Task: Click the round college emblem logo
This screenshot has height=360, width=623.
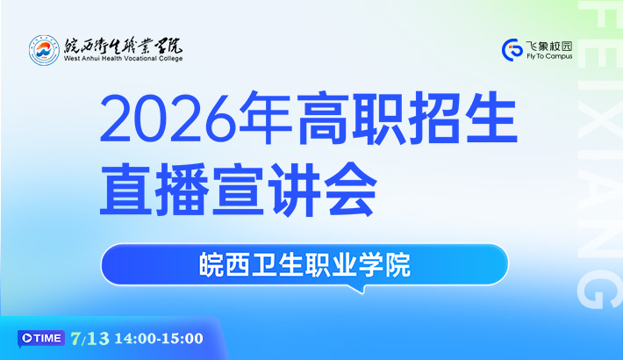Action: click(x=44, y=50)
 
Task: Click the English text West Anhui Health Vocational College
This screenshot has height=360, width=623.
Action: click(x=123, y=59)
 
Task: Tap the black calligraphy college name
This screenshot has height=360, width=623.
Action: click(x=123, y=46)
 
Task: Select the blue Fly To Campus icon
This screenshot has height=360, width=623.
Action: click(x=512, y=50)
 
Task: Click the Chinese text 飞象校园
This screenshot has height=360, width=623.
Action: click(x=549, y=47)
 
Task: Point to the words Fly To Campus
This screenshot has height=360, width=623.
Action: click(x=549, y=56)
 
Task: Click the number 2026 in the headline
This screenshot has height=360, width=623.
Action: click(x=168, y=119)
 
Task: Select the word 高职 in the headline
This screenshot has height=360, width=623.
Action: click(x=351, y=118)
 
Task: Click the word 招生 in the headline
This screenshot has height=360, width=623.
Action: click(x=463, y=118)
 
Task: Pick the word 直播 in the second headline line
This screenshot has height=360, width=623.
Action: click(x=154, y=190)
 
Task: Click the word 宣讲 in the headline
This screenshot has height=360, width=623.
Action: click(x=266, y=190)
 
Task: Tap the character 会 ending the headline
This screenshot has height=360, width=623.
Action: click(x=350, y=190)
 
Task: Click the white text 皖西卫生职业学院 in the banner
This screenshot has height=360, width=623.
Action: click(x=304, y=264)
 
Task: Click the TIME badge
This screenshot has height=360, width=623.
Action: click(x=41, y=339)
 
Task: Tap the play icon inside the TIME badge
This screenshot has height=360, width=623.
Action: click(x=27, y=338)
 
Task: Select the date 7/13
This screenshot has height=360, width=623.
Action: click(x=90, y=339)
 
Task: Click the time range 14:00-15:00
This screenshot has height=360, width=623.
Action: click(x=159, y=339)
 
